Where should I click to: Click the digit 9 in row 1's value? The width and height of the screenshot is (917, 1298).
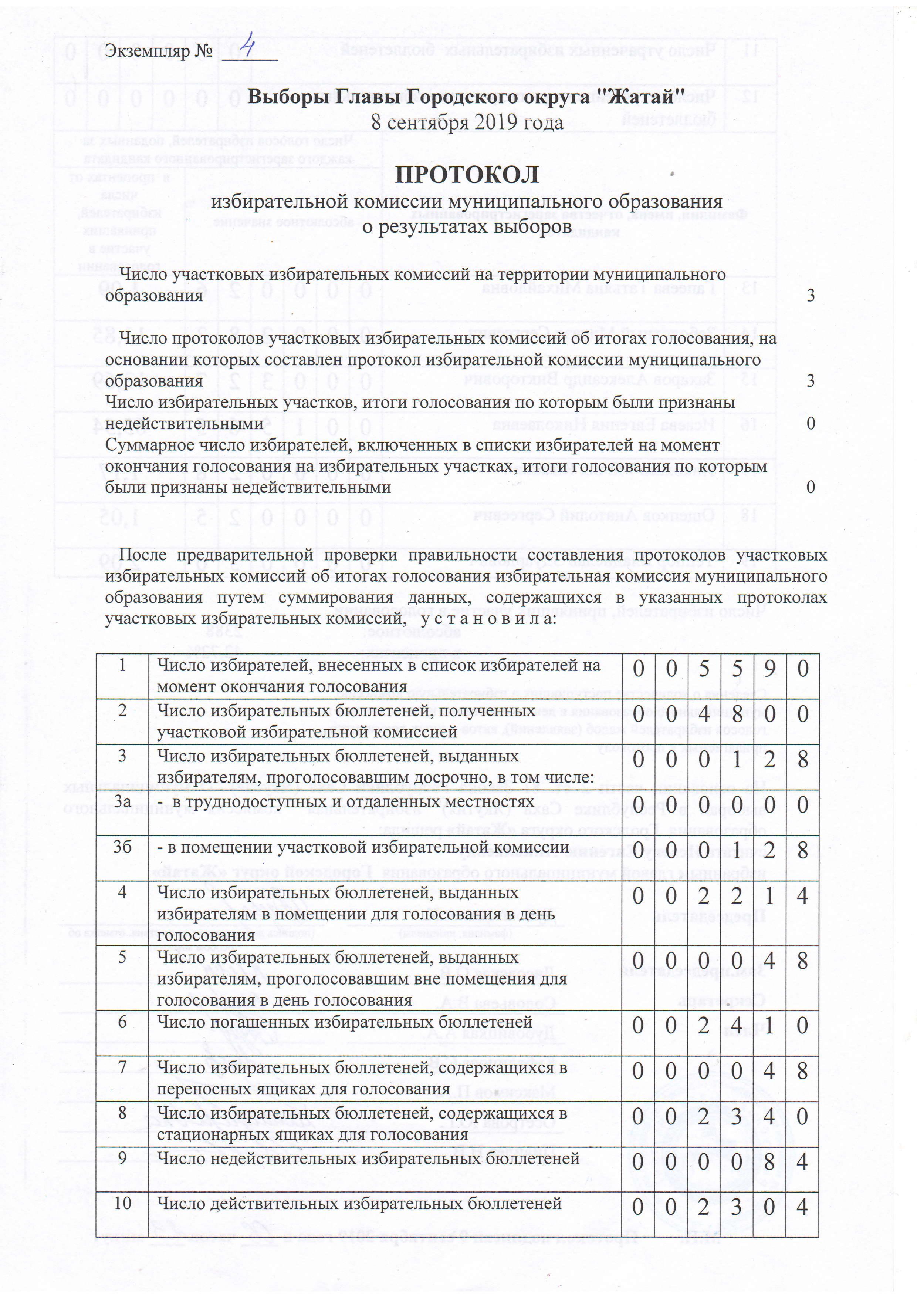click(x=769, y=669)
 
